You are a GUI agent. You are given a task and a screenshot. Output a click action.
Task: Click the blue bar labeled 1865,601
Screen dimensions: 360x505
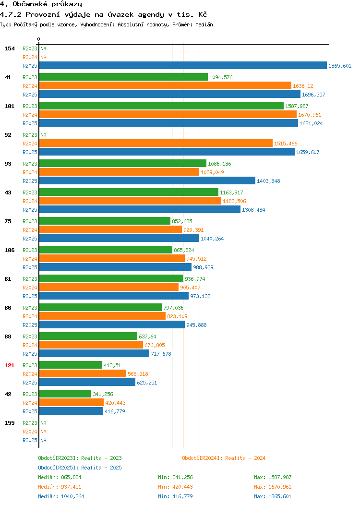coord(183,65)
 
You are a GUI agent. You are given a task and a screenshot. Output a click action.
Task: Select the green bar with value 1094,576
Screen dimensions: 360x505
coord(123,77)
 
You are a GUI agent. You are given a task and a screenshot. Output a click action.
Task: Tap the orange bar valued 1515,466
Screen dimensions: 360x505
coord(156,143)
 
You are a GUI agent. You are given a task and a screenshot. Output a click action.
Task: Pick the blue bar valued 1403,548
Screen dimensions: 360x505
coord(147,180)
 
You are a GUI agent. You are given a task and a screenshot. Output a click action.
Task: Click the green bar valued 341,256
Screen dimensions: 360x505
coord(65,394)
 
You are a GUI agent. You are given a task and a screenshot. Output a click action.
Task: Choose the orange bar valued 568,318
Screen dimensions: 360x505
coord(83,373)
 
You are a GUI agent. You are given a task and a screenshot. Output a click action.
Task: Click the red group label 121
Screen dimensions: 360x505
coord(9,365)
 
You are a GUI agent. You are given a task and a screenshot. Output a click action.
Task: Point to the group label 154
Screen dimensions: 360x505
coord(9,48)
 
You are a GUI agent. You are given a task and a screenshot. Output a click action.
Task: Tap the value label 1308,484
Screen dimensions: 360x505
coord(253,210)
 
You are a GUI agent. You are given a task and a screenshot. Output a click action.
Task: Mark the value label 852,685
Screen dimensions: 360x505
coord(182,221)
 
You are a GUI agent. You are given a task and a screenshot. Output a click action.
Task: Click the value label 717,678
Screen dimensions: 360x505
coord(161,354)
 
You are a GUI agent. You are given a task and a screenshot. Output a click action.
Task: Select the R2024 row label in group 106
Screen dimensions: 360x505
coord(30,259)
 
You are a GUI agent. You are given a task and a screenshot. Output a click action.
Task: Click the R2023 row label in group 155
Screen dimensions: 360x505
coord(30,423)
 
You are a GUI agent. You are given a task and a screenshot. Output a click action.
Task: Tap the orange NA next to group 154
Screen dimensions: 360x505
coord(44,57)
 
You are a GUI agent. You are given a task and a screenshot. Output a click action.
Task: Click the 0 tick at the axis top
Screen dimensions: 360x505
coord(39,39)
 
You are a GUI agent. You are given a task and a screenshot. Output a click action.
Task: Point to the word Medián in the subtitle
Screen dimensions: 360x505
coord(204,24)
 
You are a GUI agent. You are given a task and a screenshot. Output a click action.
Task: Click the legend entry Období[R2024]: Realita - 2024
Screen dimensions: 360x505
coord(224,458)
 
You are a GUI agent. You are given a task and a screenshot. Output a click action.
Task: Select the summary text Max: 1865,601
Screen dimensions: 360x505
coord(273,496)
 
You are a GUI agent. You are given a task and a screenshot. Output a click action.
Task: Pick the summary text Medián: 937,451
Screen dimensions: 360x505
coord(60,487)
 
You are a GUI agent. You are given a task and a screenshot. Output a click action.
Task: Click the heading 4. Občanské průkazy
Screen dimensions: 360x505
coord(41,4)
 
